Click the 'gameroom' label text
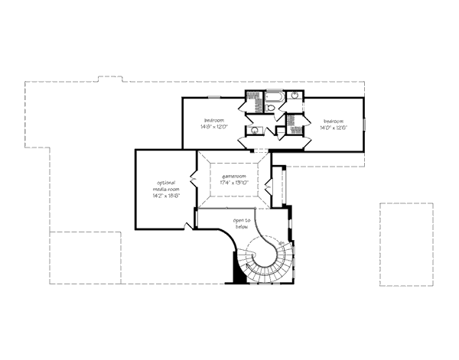click(231, 176)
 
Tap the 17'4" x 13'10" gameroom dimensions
click(231, 183)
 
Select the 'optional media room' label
click(166, 186)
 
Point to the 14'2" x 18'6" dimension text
click(166, 196)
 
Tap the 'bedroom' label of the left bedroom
click(213, 120)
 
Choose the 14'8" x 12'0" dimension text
click(213, 127)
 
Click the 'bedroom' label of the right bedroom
click(333, 121)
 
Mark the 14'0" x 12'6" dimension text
click(333, 128)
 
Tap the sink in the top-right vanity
click(294, 97)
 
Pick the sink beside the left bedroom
click(255, 130)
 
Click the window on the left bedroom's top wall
click(215, 96)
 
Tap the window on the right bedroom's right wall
click(364, 125)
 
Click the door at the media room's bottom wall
click(188, 226)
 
